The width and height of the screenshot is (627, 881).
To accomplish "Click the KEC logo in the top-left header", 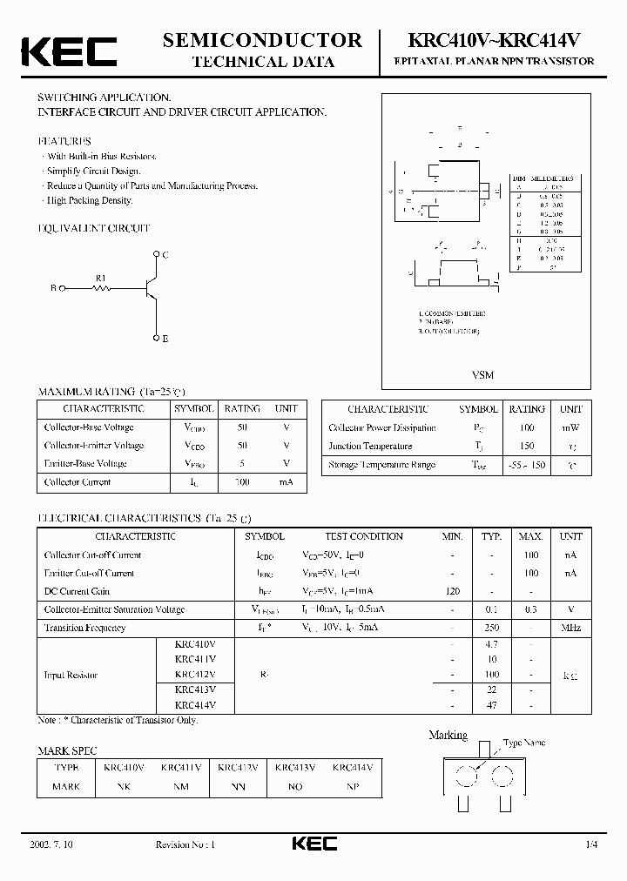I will (x=69, y=50).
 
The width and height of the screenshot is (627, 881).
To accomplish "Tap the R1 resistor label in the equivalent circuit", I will (x=101, y=279).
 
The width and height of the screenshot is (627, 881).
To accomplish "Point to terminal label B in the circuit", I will (x=53, y=287).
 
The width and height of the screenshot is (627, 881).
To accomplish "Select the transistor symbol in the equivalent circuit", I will (x=150, y=287).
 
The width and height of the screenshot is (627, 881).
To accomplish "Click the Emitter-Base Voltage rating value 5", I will (x=241, y=463).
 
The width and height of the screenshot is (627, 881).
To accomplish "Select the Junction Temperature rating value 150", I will (x=527, y=447).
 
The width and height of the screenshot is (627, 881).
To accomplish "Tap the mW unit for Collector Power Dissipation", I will (x=570, y=428).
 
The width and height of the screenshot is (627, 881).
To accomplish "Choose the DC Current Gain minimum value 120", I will (x=452, y=591).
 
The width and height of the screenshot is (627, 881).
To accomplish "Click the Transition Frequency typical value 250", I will (x=492, y=628).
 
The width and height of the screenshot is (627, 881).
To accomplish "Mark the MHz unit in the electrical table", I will (x=570, y=628).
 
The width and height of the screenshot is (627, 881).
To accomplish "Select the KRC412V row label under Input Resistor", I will (x=195, y=674).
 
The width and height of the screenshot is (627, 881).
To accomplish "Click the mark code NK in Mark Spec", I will (x=125, y=786).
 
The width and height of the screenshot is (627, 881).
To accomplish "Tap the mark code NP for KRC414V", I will (x=352, y=786).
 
